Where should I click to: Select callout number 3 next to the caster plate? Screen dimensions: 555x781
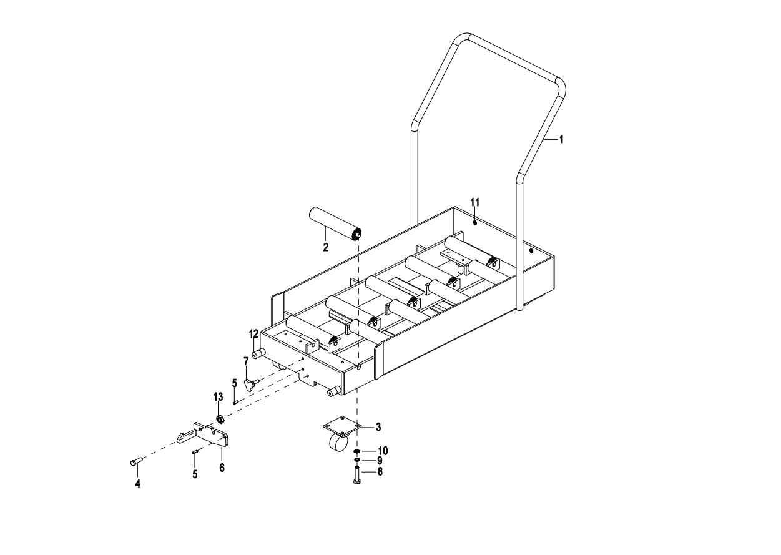tap(378, 427)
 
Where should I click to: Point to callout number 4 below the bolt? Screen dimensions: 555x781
tap(138, 484)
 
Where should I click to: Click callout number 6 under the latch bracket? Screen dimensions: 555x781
tap(222, 468)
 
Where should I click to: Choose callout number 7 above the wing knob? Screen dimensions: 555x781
tap(246, 361)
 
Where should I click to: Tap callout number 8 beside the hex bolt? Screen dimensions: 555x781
tap(379, 472)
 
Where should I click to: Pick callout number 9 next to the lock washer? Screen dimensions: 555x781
tap(379, 461)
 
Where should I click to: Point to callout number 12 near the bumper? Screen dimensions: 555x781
tap(254, 333)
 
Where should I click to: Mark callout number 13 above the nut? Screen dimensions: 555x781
tap(218, 396)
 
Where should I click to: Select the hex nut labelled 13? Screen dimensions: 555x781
tap(220, 418)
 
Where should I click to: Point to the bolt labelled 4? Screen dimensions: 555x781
tap(136, 462)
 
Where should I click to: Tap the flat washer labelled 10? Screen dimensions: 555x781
tap(356, 451)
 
